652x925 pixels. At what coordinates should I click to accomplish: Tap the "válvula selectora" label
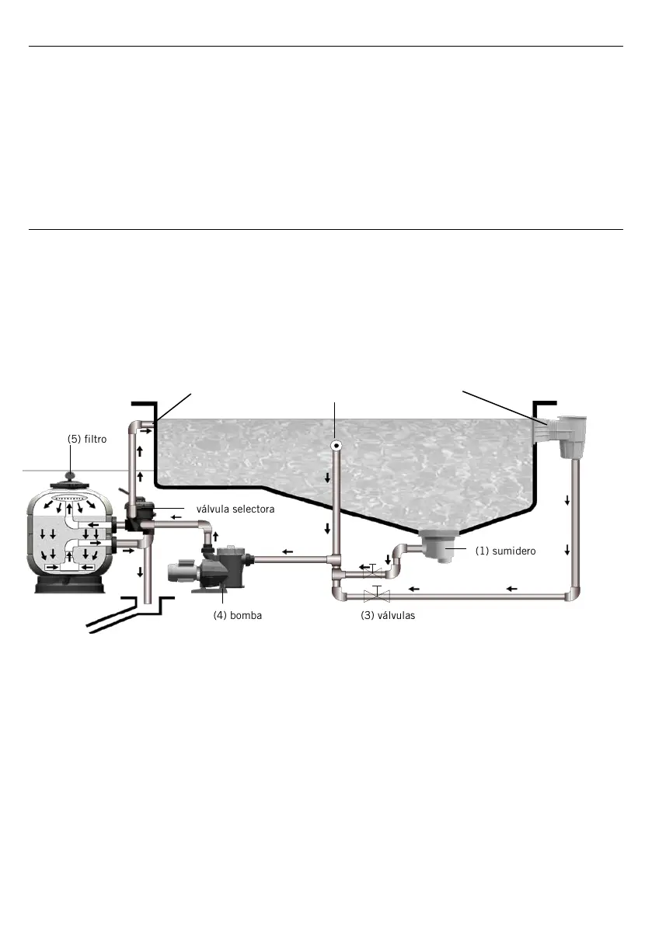(x=235, y=510)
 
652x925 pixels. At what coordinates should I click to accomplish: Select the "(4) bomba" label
(x=238, y=616)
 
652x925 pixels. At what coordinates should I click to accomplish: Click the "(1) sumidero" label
(x=505, y=551)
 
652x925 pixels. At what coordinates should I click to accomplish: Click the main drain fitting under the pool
(x=441, y=548)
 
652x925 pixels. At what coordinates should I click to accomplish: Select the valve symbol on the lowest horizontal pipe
(x=376, y=596)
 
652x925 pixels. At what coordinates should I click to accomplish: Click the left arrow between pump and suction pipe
(x=288, y=553)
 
